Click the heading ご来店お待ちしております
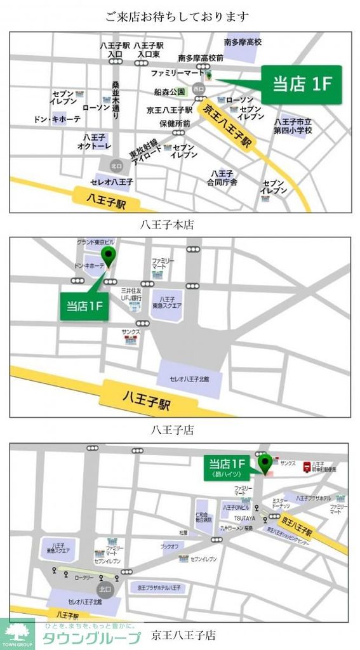click(177, 17)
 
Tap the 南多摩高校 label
click(243, 43)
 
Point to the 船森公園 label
click(169, 92)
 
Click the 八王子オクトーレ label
click(95, 142)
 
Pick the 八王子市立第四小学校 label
click(293, 126)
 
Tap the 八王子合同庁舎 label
click(223, 178)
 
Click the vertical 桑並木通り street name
click(116, 101)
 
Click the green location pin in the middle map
click(109, 258)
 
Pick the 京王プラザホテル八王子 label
click(159, 588)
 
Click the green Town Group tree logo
click(18, 632)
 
